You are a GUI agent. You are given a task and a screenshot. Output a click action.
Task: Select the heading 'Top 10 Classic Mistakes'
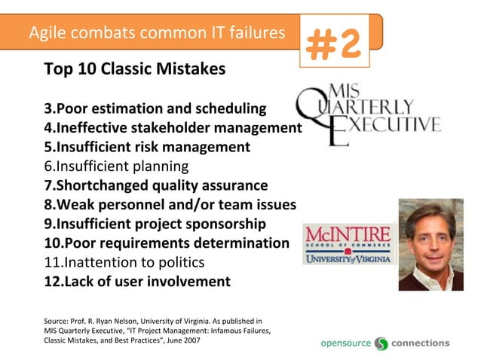[135, 70]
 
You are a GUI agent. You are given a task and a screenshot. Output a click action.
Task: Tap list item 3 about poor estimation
[155, 108]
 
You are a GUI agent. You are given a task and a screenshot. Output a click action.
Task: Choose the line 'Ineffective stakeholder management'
[173, 127]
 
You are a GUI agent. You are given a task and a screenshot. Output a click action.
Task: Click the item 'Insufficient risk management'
[147, 147]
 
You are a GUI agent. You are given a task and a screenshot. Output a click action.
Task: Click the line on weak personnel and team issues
[170, 205]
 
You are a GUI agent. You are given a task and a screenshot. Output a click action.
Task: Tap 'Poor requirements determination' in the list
[167, 243]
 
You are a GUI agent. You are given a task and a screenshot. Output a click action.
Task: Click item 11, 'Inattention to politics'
[124, 263]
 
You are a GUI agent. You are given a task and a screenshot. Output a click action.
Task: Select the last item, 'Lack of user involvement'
[137, 282]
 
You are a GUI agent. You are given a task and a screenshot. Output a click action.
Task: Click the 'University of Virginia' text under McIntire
[348, 259]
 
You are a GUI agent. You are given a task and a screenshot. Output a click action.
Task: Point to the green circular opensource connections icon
[381, 343]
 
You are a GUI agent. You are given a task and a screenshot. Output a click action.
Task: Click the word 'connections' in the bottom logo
[420, 343]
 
